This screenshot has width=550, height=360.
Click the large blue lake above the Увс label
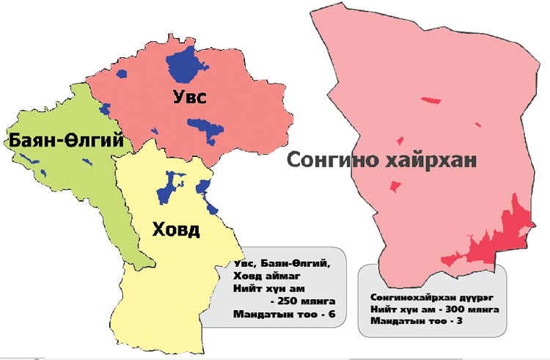tap(183, 64)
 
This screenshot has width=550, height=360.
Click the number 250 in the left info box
tap(290, 302)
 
